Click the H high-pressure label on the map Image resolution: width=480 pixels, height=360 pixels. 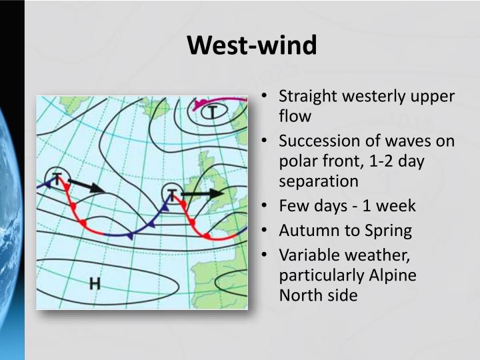pos(95,283)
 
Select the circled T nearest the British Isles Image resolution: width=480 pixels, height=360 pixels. pos(172,194)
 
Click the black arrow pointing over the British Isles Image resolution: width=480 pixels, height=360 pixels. pos(203,194)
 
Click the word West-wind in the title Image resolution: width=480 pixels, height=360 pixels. pos(251,45)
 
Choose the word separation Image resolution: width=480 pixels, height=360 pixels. pos(318,181)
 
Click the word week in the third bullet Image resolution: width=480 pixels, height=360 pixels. pos(397,206)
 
